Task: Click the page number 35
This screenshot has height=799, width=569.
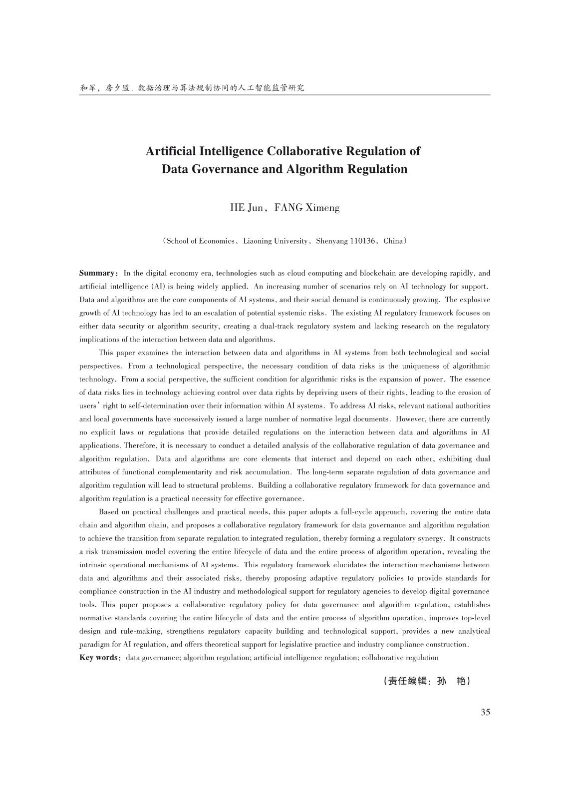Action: [x=485, y=712]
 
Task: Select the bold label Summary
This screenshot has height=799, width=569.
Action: [x=97, y=273]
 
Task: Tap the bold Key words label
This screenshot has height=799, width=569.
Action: [x=99, y=658]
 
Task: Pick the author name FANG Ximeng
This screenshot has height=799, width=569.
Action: [x=307, y=208]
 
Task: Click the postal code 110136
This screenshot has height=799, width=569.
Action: [x=362, y=241]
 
